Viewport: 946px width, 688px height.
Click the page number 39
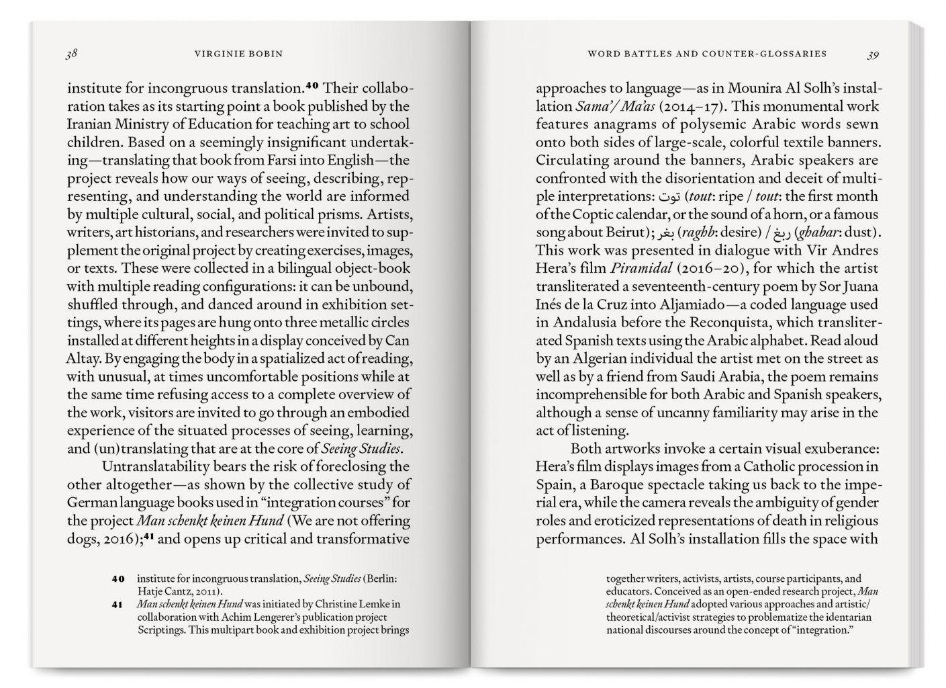coord(872,55)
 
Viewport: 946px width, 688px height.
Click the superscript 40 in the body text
coord(314,86)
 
